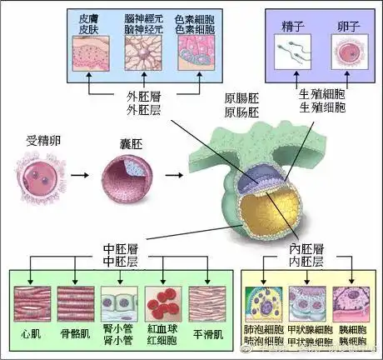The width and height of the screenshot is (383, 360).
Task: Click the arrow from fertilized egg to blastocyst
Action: pyautogui.click(x=80, y=177)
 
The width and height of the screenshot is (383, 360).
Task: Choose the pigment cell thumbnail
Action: pyautogui.click(x=197, y=55)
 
